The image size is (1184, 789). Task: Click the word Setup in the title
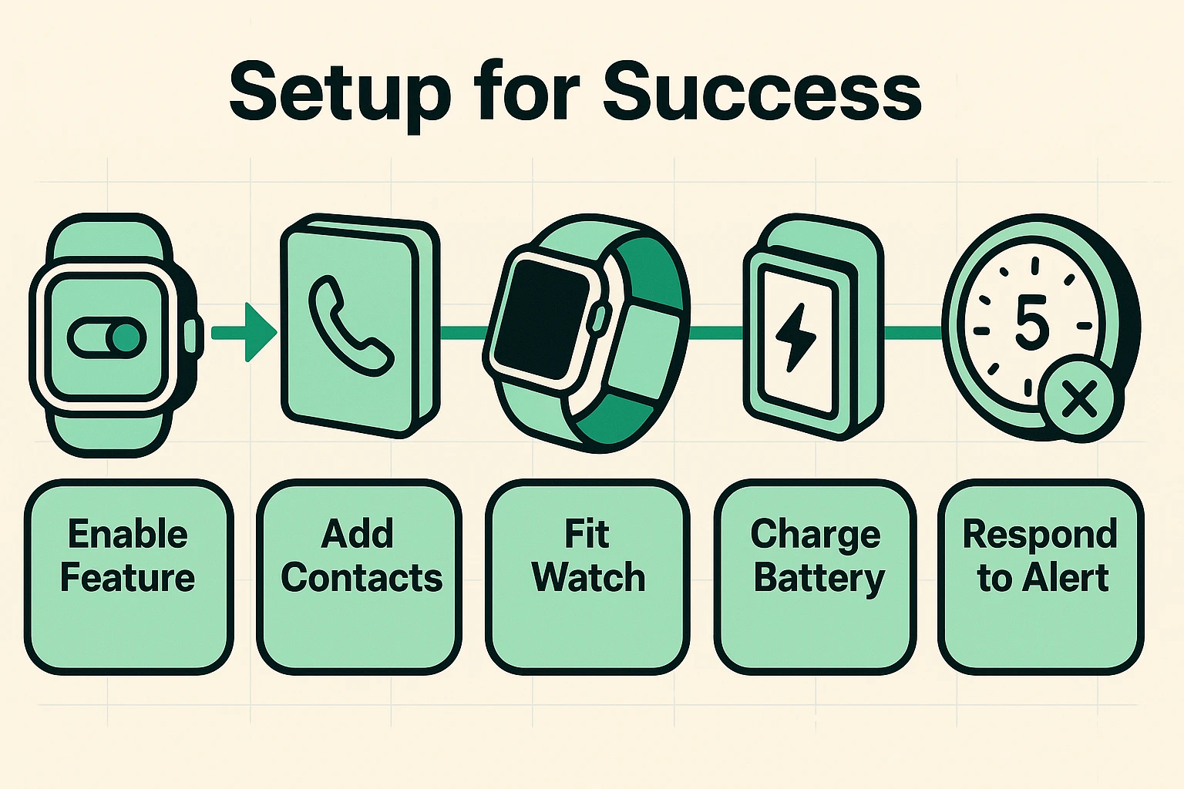(340, 92)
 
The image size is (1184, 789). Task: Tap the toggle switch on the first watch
(106, 338)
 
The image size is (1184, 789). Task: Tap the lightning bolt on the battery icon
(796, 336)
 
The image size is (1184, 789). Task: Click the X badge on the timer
(1078, 399)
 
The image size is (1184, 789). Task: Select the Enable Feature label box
(129, 576)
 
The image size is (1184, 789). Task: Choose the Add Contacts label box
(359, 576)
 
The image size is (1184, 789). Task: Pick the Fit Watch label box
(587, 576)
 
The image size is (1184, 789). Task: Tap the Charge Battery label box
(816, 576)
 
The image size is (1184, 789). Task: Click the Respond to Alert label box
(1041, 576)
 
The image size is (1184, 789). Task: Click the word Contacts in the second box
(362, 578)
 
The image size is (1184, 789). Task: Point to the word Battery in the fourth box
(819, 579)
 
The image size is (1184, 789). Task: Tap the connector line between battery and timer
(913, 333)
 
